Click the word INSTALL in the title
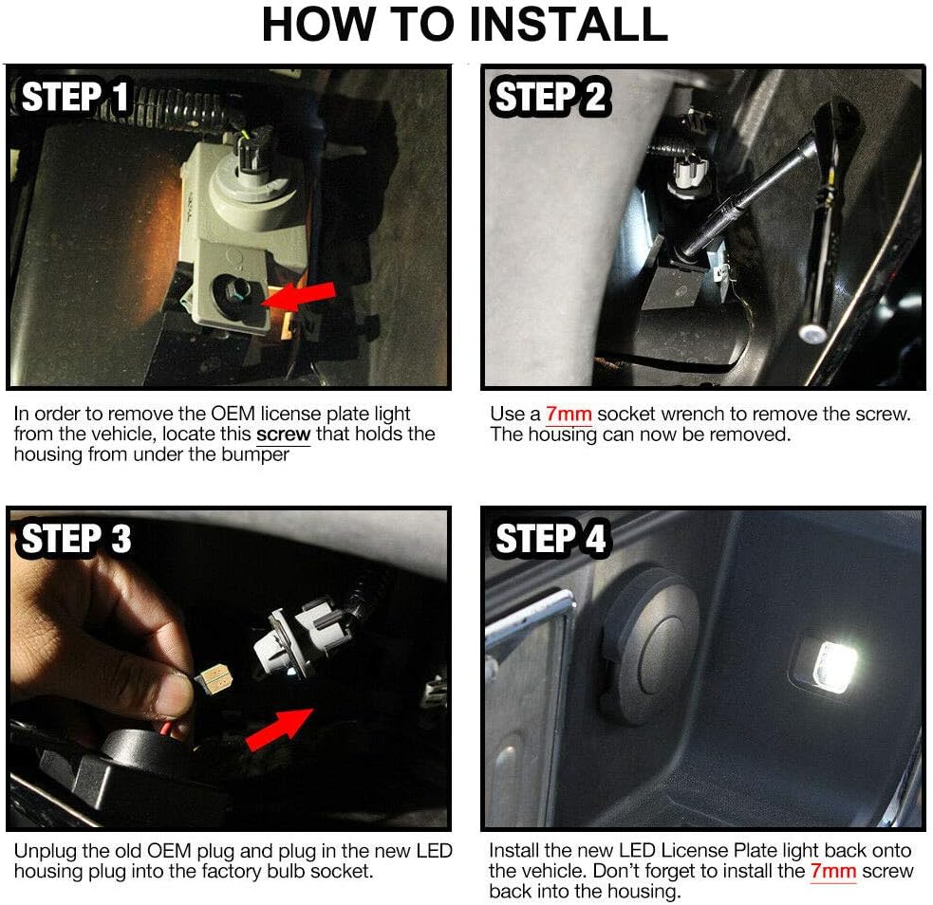(569, 24)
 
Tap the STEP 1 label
(75, 97)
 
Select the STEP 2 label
(550, 97)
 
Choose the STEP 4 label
(550, 538)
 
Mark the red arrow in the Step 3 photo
(280, 730)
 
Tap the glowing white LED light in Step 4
(835, 667)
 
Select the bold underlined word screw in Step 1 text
(283, 434)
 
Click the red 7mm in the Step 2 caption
(569, 414)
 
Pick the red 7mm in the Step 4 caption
(833, 871)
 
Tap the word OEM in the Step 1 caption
(233, 414)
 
